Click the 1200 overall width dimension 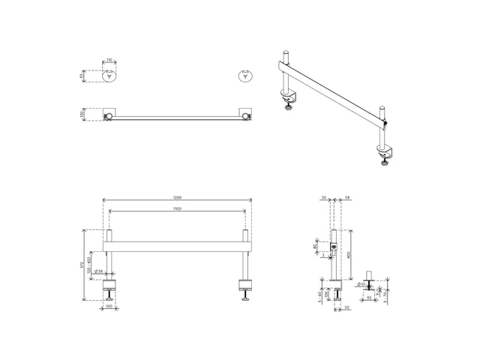(177, 198)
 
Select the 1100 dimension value (177, 208)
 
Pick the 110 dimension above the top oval (109, 60)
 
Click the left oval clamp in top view (109, 75)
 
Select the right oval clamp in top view (244, 75)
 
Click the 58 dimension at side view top (347, 198)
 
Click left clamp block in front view (110, 286)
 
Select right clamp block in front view (245, 286)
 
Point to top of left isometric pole (286, 54)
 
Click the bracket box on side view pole (334, 246)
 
